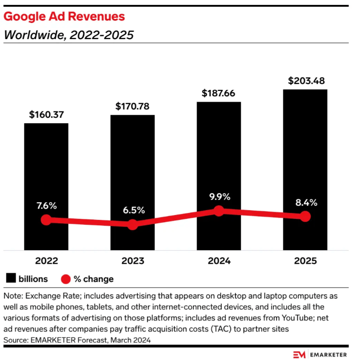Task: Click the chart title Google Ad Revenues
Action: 64,17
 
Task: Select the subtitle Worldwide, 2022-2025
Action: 68,35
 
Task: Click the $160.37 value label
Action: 46,115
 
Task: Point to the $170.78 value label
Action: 132,106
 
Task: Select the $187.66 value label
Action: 219,93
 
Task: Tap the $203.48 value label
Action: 305,81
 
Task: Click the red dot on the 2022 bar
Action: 46,219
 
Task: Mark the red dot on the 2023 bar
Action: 132,225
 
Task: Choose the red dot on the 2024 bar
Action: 219,211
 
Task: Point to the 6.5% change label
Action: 132,210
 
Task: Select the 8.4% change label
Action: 305,201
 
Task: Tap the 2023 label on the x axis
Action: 132,261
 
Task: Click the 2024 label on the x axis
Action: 219,261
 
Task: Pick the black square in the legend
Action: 11,279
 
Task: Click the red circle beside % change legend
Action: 66,279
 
